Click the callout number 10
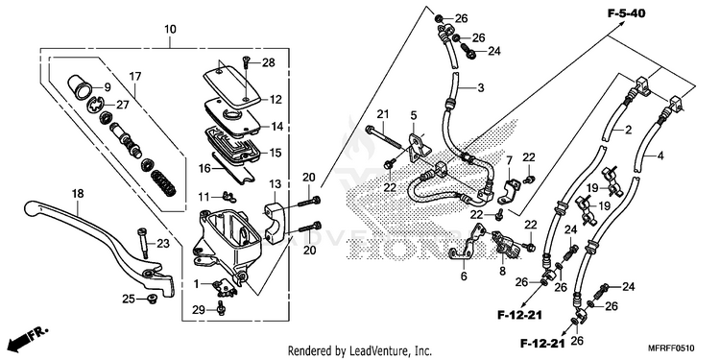[170, 30]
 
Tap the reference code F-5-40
[626, 13]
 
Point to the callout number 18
[78, 194]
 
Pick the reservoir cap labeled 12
[232, 84]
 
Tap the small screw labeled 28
[246, 60]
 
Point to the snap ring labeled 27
[96, 105]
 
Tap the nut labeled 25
[151, 300]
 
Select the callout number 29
[199, 310]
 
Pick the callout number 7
[509, 160]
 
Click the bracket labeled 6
[465, 246]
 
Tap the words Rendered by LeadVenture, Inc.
[360, 351]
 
